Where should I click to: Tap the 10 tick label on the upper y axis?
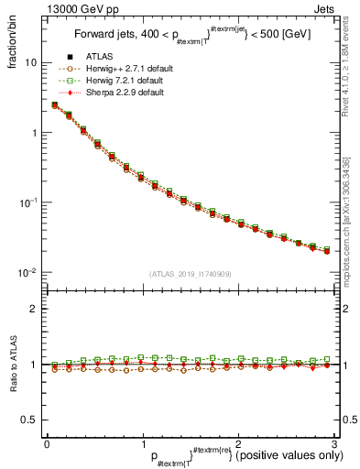pos(31,63)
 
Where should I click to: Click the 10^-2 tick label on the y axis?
pos(28,272)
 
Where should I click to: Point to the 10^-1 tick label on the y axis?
pos(28,202)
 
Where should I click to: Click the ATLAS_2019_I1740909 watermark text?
pos(189,274)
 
